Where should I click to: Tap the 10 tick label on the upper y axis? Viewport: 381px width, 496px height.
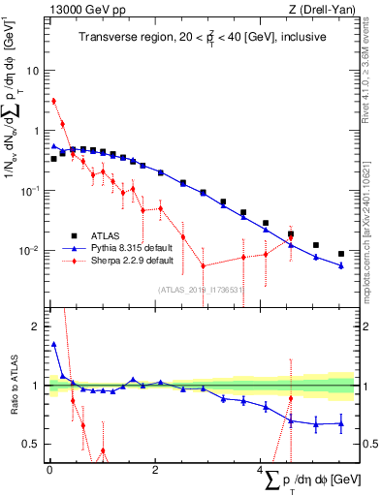[33, 71]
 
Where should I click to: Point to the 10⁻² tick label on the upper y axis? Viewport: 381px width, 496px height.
[30, 250]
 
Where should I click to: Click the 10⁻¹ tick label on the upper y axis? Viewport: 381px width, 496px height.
[30, 191]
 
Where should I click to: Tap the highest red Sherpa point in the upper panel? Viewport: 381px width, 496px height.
[54, 101]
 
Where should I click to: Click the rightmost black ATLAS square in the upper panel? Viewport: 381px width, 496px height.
[340, 254]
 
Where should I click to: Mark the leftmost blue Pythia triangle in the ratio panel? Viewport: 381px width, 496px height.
[54, 344]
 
